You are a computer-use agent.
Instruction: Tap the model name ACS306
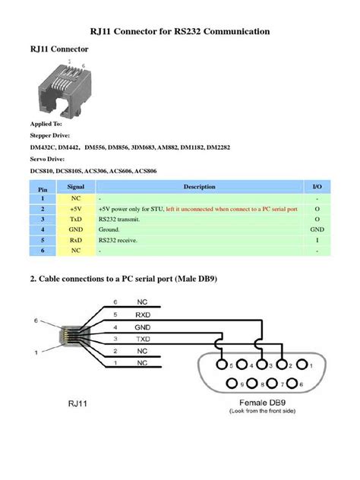click(x=97, y=171)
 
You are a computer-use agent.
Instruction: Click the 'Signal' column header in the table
click(x=75, y=186)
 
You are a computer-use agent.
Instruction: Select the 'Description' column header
click(x=200, y=186)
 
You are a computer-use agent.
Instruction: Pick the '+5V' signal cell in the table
click(x=75, y=207)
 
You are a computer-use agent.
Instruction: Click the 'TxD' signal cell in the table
click(x=75, y=218)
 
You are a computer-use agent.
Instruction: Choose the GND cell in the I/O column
click(x=317, y=229)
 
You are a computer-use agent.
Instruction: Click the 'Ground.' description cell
click(x=110, y=229)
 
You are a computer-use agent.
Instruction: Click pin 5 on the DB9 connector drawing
click(x=221, y=366)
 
